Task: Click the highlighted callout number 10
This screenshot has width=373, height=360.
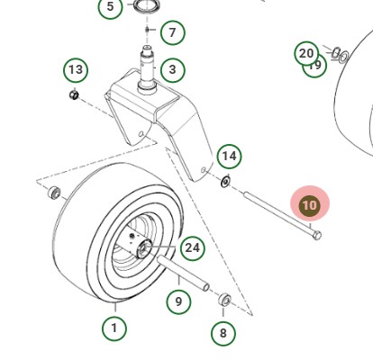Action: point(309,205)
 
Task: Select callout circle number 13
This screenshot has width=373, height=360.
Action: point(76,70)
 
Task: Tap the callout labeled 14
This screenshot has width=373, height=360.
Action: point(229,157)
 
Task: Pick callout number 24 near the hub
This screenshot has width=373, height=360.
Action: point(191,247)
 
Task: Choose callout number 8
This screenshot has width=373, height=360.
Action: point(223,332)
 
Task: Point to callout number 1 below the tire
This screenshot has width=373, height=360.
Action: point(114,328)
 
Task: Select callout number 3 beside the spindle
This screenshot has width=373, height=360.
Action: point(171,69)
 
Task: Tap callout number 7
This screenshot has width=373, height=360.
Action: point(171,33)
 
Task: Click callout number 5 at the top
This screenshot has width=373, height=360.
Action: point(110,8)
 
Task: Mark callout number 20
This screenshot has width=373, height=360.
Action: point(306,53)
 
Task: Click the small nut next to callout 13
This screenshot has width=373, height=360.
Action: point(75,94)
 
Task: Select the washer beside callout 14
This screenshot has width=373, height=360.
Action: point(224,184)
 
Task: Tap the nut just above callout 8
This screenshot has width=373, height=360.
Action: point(225,300)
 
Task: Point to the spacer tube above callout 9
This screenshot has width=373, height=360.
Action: point(184,273)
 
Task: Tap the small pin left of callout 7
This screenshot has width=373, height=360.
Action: point(147,33)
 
